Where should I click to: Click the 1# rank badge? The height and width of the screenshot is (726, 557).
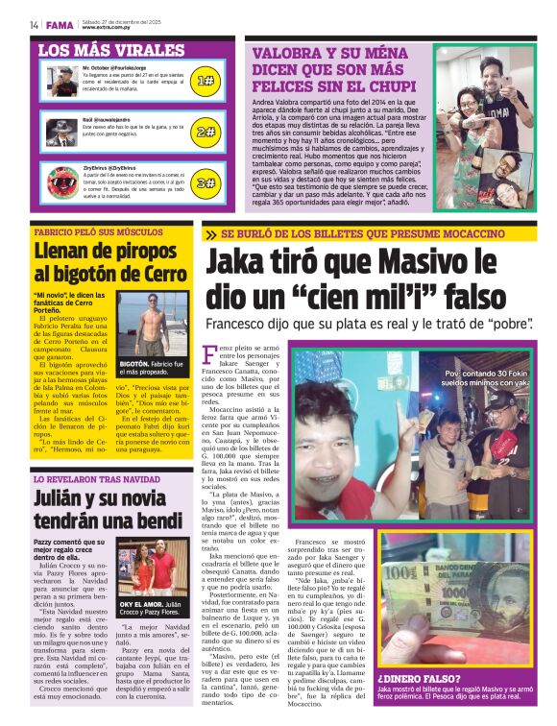(x=205, y=82)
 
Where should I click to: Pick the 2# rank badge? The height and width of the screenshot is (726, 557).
(x=205, y=132)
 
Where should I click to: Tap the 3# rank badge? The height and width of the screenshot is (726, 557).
(x=205, y=181)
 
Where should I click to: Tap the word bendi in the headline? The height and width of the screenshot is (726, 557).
(x=154, y=520)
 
